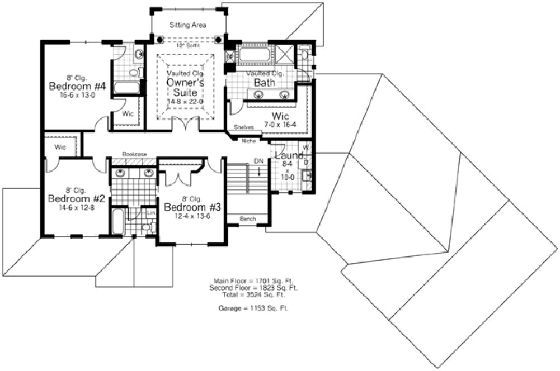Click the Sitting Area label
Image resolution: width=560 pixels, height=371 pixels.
[189, 25]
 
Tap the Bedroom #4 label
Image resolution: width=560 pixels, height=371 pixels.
[69, 87]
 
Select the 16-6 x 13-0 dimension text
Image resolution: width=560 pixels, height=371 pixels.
[69, 96]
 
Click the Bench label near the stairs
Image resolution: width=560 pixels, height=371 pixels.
[247, 218]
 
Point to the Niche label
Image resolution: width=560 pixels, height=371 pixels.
[248, 141]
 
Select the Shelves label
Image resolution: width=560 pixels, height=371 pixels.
[244, 127]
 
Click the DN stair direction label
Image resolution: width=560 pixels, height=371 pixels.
[258, 161]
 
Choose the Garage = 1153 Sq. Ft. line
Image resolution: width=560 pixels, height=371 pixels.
[255, 308]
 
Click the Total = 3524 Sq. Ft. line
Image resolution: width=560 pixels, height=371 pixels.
[255, 294]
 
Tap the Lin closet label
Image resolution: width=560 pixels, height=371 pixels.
[150, 213]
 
